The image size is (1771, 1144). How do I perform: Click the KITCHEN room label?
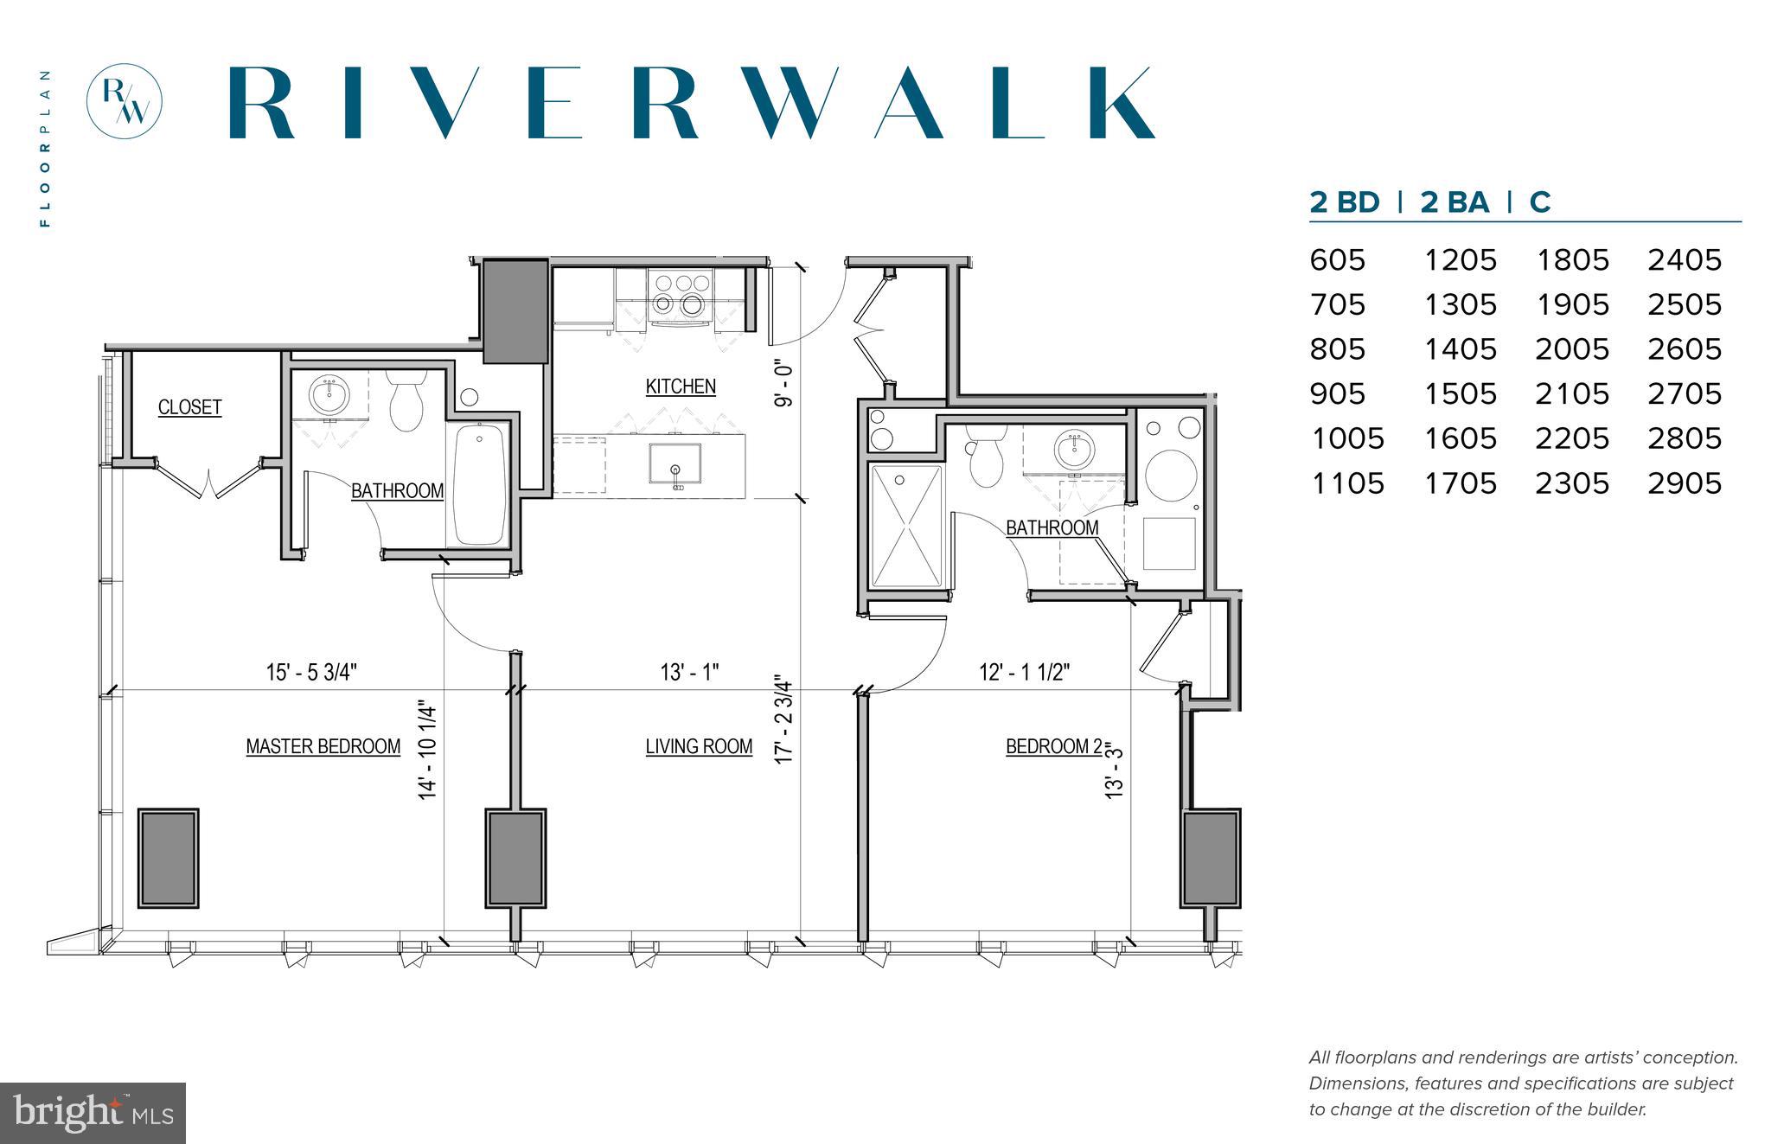point(681,387)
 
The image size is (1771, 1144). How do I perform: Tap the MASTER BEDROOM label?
point(323,746)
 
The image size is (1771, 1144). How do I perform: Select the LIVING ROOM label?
point(699,746)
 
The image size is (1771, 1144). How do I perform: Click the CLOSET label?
point(189,407)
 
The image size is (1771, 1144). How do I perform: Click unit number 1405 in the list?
point(1460,349)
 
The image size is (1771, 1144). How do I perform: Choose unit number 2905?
point(1685,483)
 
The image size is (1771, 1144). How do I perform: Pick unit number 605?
point(1337,260)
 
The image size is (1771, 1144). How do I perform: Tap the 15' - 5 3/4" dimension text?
point(311,672)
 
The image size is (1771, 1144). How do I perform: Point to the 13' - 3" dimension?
point(1115,771)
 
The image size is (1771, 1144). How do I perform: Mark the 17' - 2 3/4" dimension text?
point(783,719)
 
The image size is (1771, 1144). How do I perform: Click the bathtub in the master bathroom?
point(480,484)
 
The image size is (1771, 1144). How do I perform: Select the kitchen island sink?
point(675,465)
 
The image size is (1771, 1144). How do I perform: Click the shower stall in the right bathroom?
point(906,527)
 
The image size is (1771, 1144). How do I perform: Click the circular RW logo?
point(125,101)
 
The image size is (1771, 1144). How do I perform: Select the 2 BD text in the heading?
point(1344,202)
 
